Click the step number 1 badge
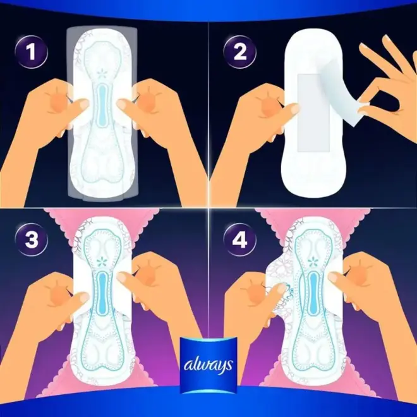point(32,52)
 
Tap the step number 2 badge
point(240,52)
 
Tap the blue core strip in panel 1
point(102,102)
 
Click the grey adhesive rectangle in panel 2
point(313,112)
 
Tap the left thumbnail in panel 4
point(277,287)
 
